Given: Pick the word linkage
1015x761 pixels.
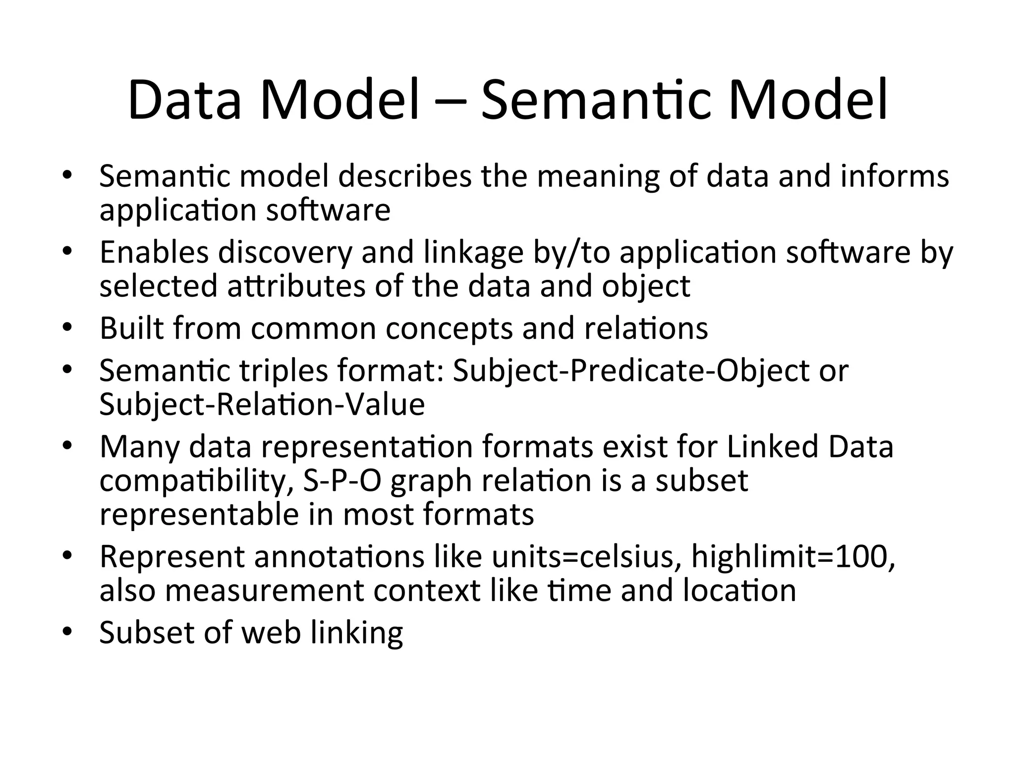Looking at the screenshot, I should point(473,253).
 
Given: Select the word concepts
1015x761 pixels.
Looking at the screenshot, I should point(449,329).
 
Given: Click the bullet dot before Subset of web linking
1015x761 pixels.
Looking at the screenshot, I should point(68,632).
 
